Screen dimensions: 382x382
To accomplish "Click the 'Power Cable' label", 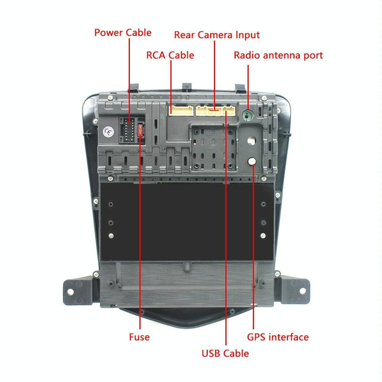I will [x=123, y=32].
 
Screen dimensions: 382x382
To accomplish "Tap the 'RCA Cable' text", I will [x=170, y=55].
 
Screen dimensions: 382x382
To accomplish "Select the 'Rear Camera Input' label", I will [x=216, y=34].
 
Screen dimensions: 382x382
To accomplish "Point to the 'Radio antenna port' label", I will [x=278, y=55].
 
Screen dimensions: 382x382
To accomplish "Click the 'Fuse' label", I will [x=139, y=337].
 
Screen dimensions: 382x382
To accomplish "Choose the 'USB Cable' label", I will [x=225, y=353].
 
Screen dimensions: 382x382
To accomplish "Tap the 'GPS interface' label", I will [x=278, y=337].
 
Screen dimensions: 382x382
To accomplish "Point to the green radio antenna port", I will [x=248, y=115].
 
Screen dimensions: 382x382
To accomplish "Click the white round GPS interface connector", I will [x=253, y=162].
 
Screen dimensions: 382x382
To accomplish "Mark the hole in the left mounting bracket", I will [x=68, y=291].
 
